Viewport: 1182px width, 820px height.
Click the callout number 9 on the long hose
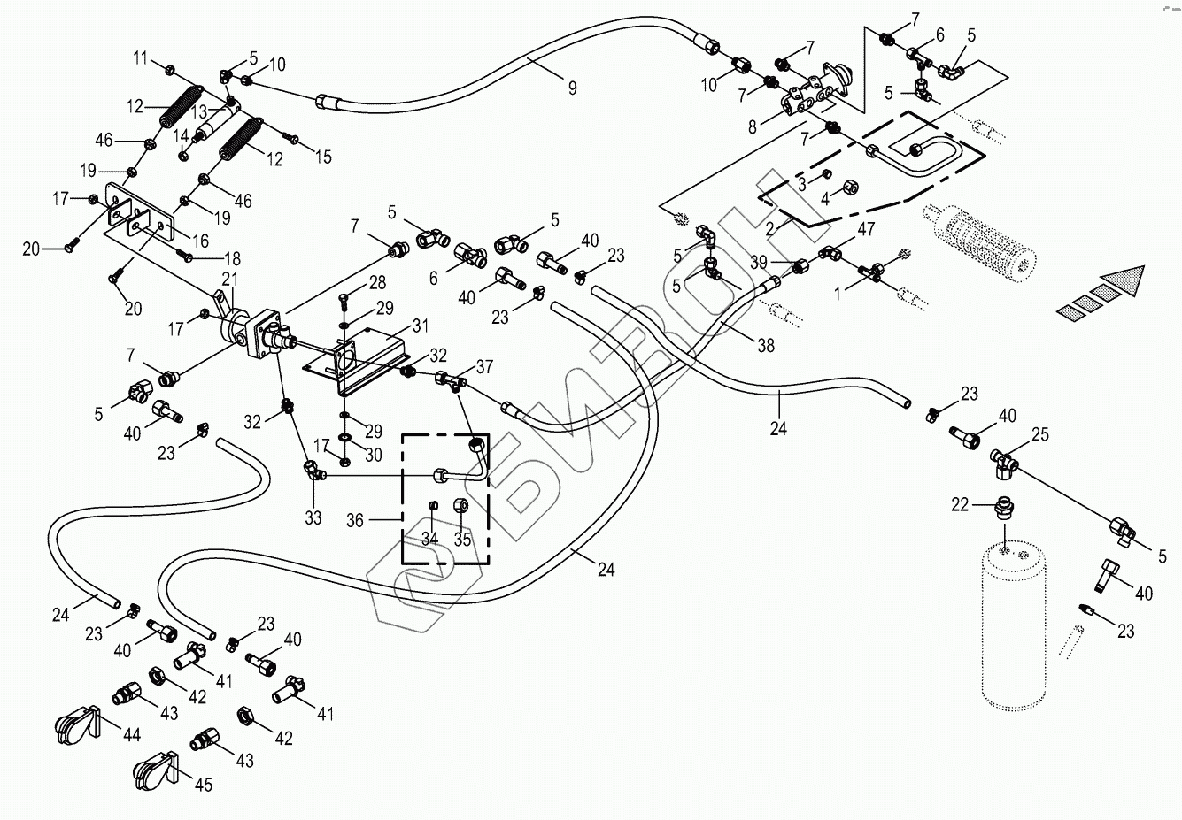[573, 88]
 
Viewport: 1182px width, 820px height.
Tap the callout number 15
[323, 157]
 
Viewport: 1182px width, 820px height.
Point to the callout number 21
[230, 280]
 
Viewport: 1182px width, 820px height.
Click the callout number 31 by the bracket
[420, 325]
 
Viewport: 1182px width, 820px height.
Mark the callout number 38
[765, 346]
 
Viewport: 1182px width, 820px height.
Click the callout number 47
[866, 229]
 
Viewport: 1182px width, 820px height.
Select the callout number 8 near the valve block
[752, 126]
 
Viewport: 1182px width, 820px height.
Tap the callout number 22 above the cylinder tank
[960, 504]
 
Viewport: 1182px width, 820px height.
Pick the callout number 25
[1039, 435]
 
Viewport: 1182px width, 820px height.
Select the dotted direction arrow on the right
[1101, 292]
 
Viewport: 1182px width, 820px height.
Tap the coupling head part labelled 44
[74, 727]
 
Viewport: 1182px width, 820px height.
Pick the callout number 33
[313, 517]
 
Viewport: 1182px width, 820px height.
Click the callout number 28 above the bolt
[378, 283]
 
